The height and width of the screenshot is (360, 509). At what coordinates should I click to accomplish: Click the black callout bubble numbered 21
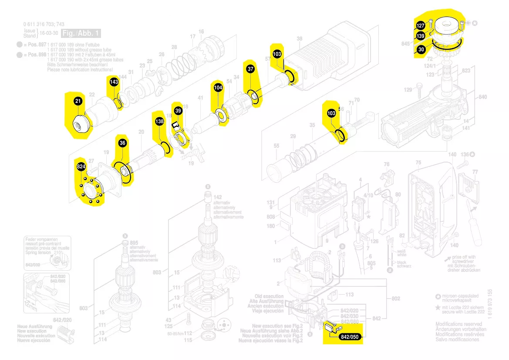pyautogui.click(x=78, y=101)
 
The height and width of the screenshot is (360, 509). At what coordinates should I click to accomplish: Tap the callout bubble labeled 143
pyautogui.click(x=114, y=82)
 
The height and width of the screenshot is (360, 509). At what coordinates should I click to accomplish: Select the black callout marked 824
pyautogui.click(x=81, y=167)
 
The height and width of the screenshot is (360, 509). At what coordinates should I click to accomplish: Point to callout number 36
pyautogui.click(x=122, y=143)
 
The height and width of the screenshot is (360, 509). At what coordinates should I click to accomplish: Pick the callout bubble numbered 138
pyautogui.click(x=159, y=122)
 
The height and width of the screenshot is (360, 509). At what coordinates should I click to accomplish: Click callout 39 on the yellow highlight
pyautogui.click(x=178, y=111)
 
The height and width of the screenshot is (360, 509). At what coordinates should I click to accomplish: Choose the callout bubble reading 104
pyautogui.click(x=218, y=88)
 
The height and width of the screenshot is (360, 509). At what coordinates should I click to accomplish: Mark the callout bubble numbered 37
pyautogui.click(x=250, y=69)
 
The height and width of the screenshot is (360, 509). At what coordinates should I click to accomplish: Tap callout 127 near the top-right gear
pyautogui.click(x=421, y=26)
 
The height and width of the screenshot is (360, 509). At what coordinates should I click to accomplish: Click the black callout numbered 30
pyautogui.click(x=421, y=50)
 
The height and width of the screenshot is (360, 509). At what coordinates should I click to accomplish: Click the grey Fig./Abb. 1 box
pyautogui.click(x=81, y=34)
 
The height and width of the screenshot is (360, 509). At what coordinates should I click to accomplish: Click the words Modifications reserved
pyautogui.click(x=458, y=324)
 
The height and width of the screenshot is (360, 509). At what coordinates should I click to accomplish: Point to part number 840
pyautogui.click(x=482, y=97)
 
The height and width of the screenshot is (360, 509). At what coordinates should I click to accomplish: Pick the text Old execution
pyautogui.click(x=269, y=296)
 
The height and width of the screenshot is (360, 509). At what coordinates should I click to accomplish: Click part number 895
pyautogui.click(x=134, y=243)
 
